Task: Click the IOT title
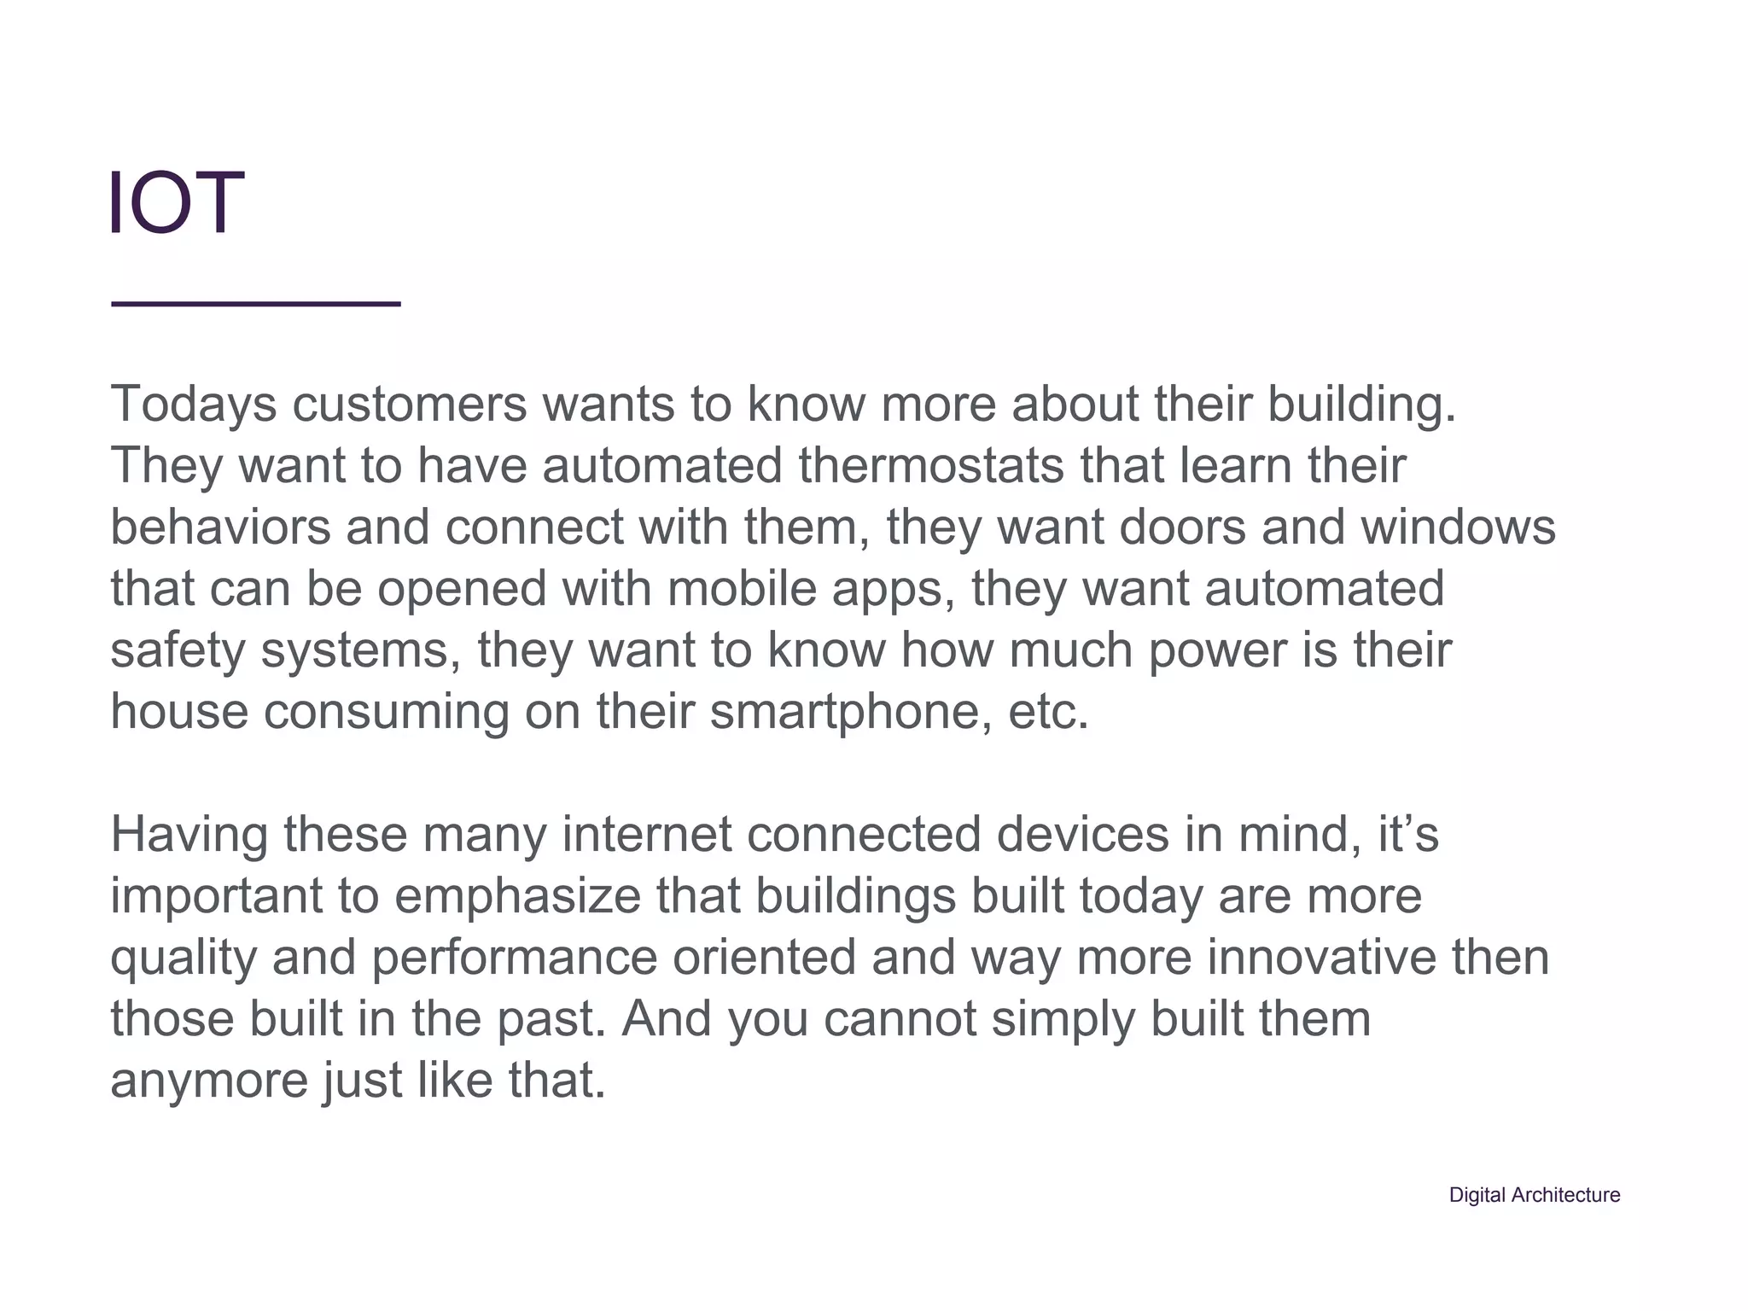[177, 202]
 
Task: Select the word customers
[410, 404]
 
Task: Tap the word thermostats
[931, 465]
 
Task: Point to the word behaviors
[220, 527]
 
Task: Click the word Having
[189, 834]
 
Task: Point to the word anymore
[209, 1080]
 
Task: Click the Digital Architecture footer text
[1534, 1195]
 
